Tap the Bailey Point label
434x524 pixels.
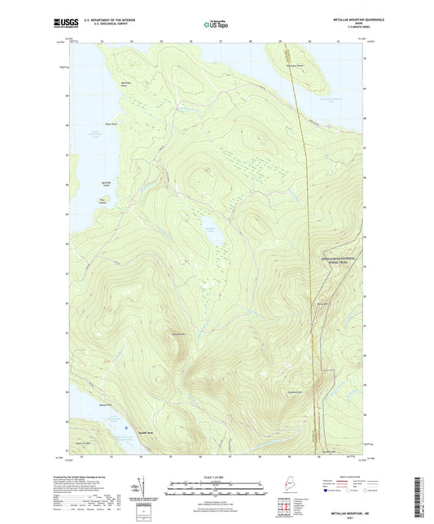click(x=103, y=404)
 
